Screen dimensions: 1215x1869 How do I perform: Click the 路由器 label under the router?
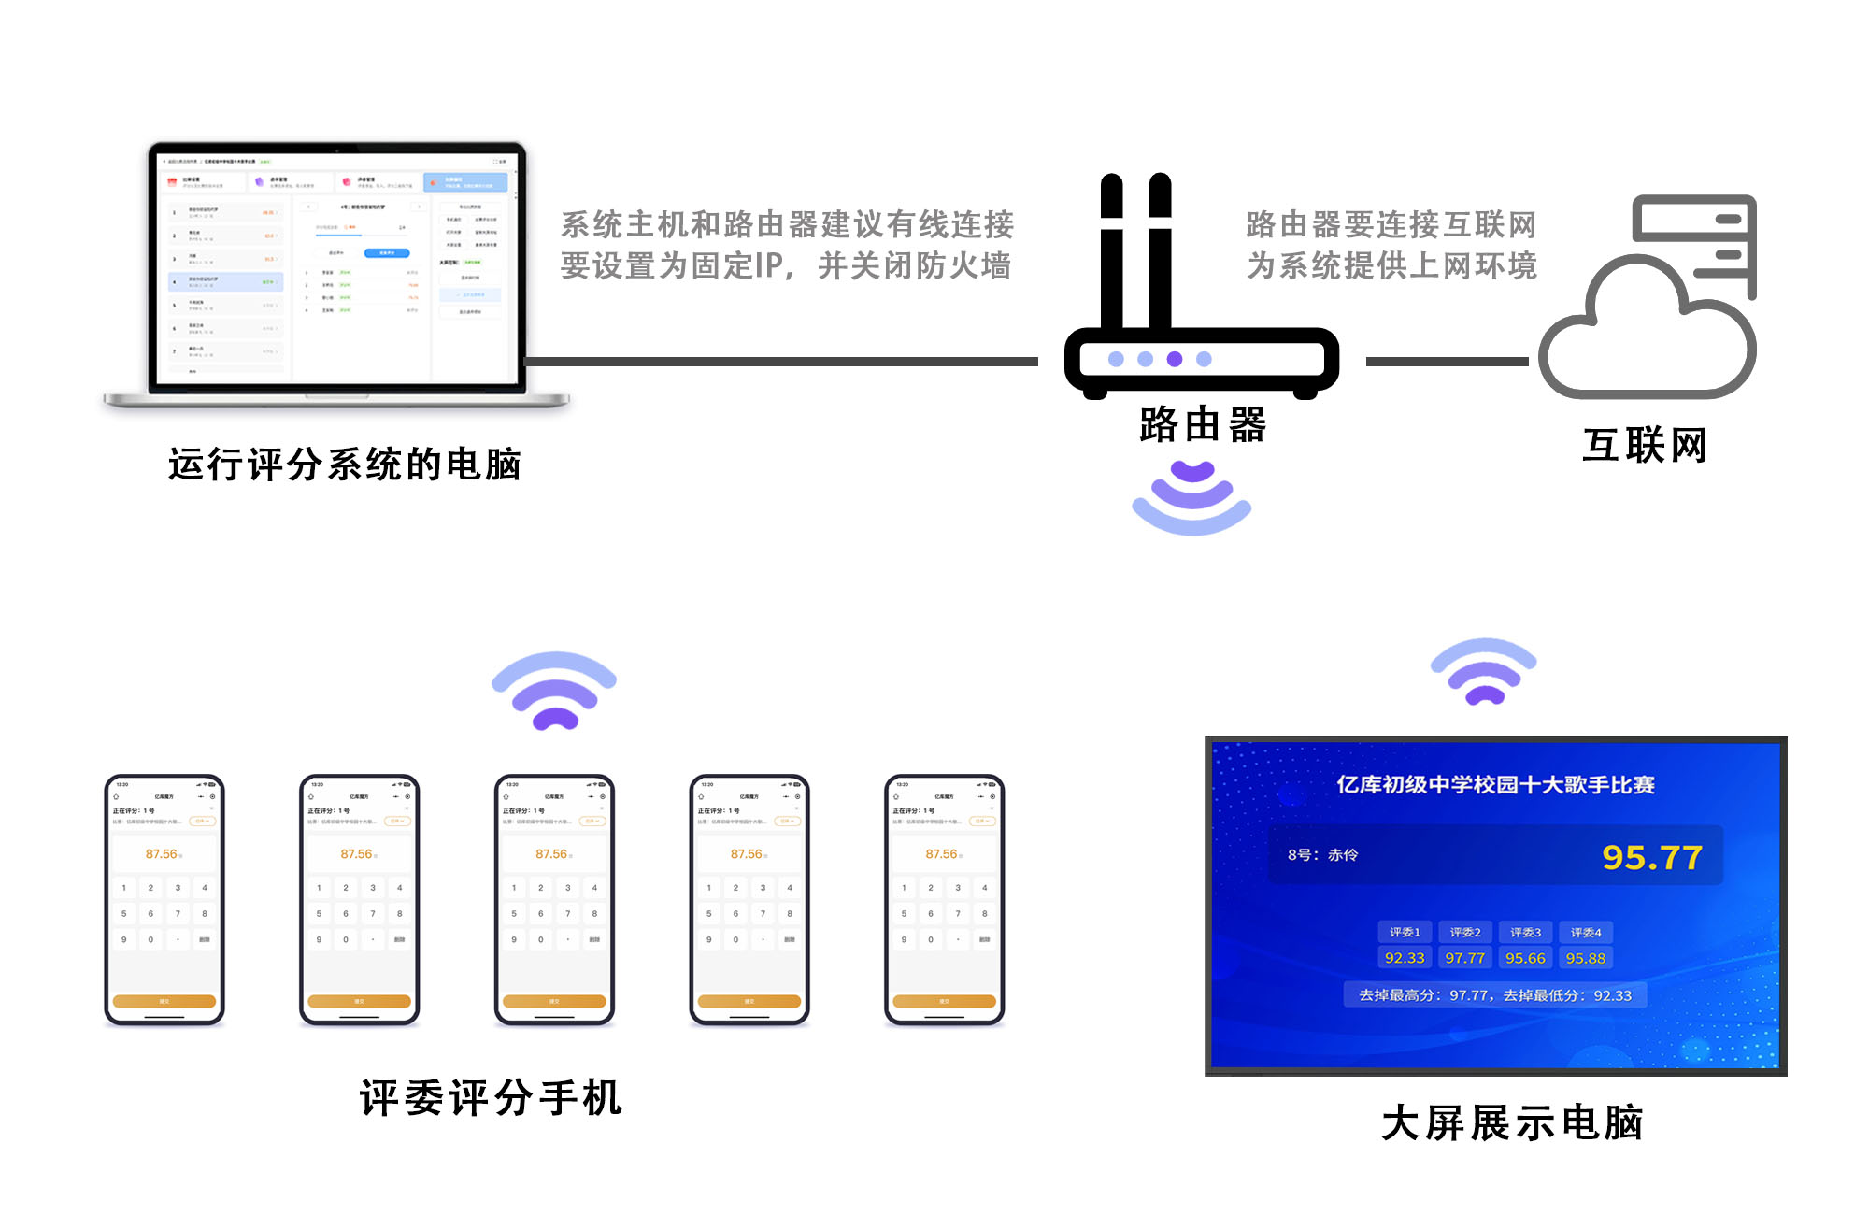[x=1203, y=425]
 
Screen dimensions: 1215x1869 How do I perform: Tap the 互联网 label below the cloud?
[x=1645, y=445]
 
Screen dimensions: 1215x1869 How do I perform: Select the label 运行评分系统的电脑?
[x=344, y=465]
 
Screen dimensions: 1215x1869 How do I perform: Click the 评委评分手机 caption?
[x=491, y=1097]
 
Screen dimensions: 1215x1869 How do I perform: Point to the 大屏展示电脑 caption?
[x=1512, y=1122]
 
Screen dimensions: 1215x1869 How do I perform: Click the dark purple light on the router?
[x=1175, y=359]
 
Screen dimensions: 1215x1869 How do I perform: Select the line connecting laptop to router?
[x=780, y=361]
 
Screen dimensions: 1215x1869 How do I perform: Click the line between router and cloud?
[x=1447, y=361]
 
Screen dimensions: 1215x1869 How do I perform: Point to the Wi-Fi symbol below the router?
[x=1191, y=496]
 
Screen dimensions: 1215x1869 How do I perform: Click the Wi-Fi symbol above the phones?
[x=554, y=690]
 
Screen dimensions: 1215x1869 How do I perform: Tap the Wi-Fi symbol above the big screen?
[x=1484, y=671]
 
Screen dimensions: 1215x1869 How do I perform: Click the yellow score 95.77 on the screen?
[x=1651, y=857]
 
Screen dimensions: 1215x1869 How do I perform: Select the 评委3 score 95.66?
[x=1525, y=958]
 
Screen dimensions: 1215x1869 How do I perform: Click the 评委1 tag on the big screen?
[x=1405, y=932]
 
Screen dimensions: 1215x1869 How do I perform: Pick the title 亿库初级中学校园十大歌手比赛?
[x=1495, y=785]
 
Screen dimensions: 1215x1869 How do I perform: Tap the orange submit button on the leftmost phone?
[x=164, y=1001]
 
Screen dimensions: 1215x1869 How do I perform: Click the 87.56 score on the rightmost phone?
[x=942, y=854]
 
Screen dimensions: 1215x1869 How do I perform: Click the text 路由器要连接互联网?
[x=1391, y=224]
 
